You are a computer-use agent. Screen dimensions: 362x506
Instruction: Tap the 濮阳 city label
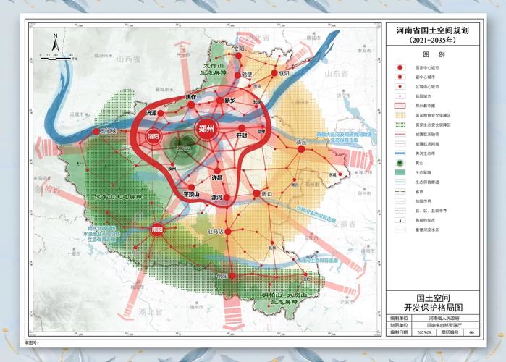pos(284,74)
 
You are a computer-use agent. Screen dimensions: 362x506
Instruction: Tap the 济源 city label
pos(151,114)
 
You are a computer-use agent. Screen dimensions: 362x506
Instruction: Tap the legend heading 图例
pos(434,55)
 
